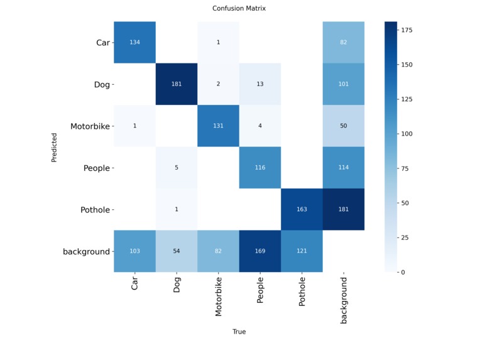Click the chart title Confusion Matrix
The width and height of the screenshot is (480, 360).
(239, 8)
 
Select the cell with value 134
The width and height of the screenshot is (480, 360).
(134, 43)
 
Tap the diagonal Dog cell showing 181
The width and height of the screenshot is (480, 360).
(177, 84)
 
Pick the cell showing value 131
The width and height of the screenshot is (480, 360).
(218, 126)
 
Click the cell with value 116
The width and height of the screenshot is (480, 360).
(260, 168)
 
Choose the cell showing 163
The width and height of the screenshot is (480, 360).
(302, 209)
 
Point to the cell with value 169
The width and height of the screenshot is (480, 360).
(260, 251)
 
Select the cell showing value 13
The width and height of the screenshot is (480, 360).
(260, 84)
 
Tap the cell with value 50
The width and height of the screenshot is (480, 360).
(344, 126)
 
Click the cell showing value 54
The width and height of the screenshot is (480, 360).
(177, 251)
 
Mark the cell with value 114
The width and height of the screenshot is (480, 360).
(344, 168)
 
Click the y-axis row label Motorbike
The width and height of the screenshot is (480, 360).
(90, 126)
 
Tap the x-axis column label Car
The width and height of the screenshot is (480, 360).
(134, 284)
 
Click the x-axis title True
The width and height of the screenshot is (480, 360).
(239, 332)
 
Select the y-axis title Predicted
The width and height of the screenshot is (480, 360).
(55, 147)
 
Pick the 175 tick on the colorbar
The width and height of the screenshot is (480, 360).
(406, 30)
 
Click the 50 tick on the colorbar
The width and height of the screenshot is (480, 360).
(405, 203)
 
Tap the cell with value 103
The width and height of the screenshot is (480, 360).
(134, 251)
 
